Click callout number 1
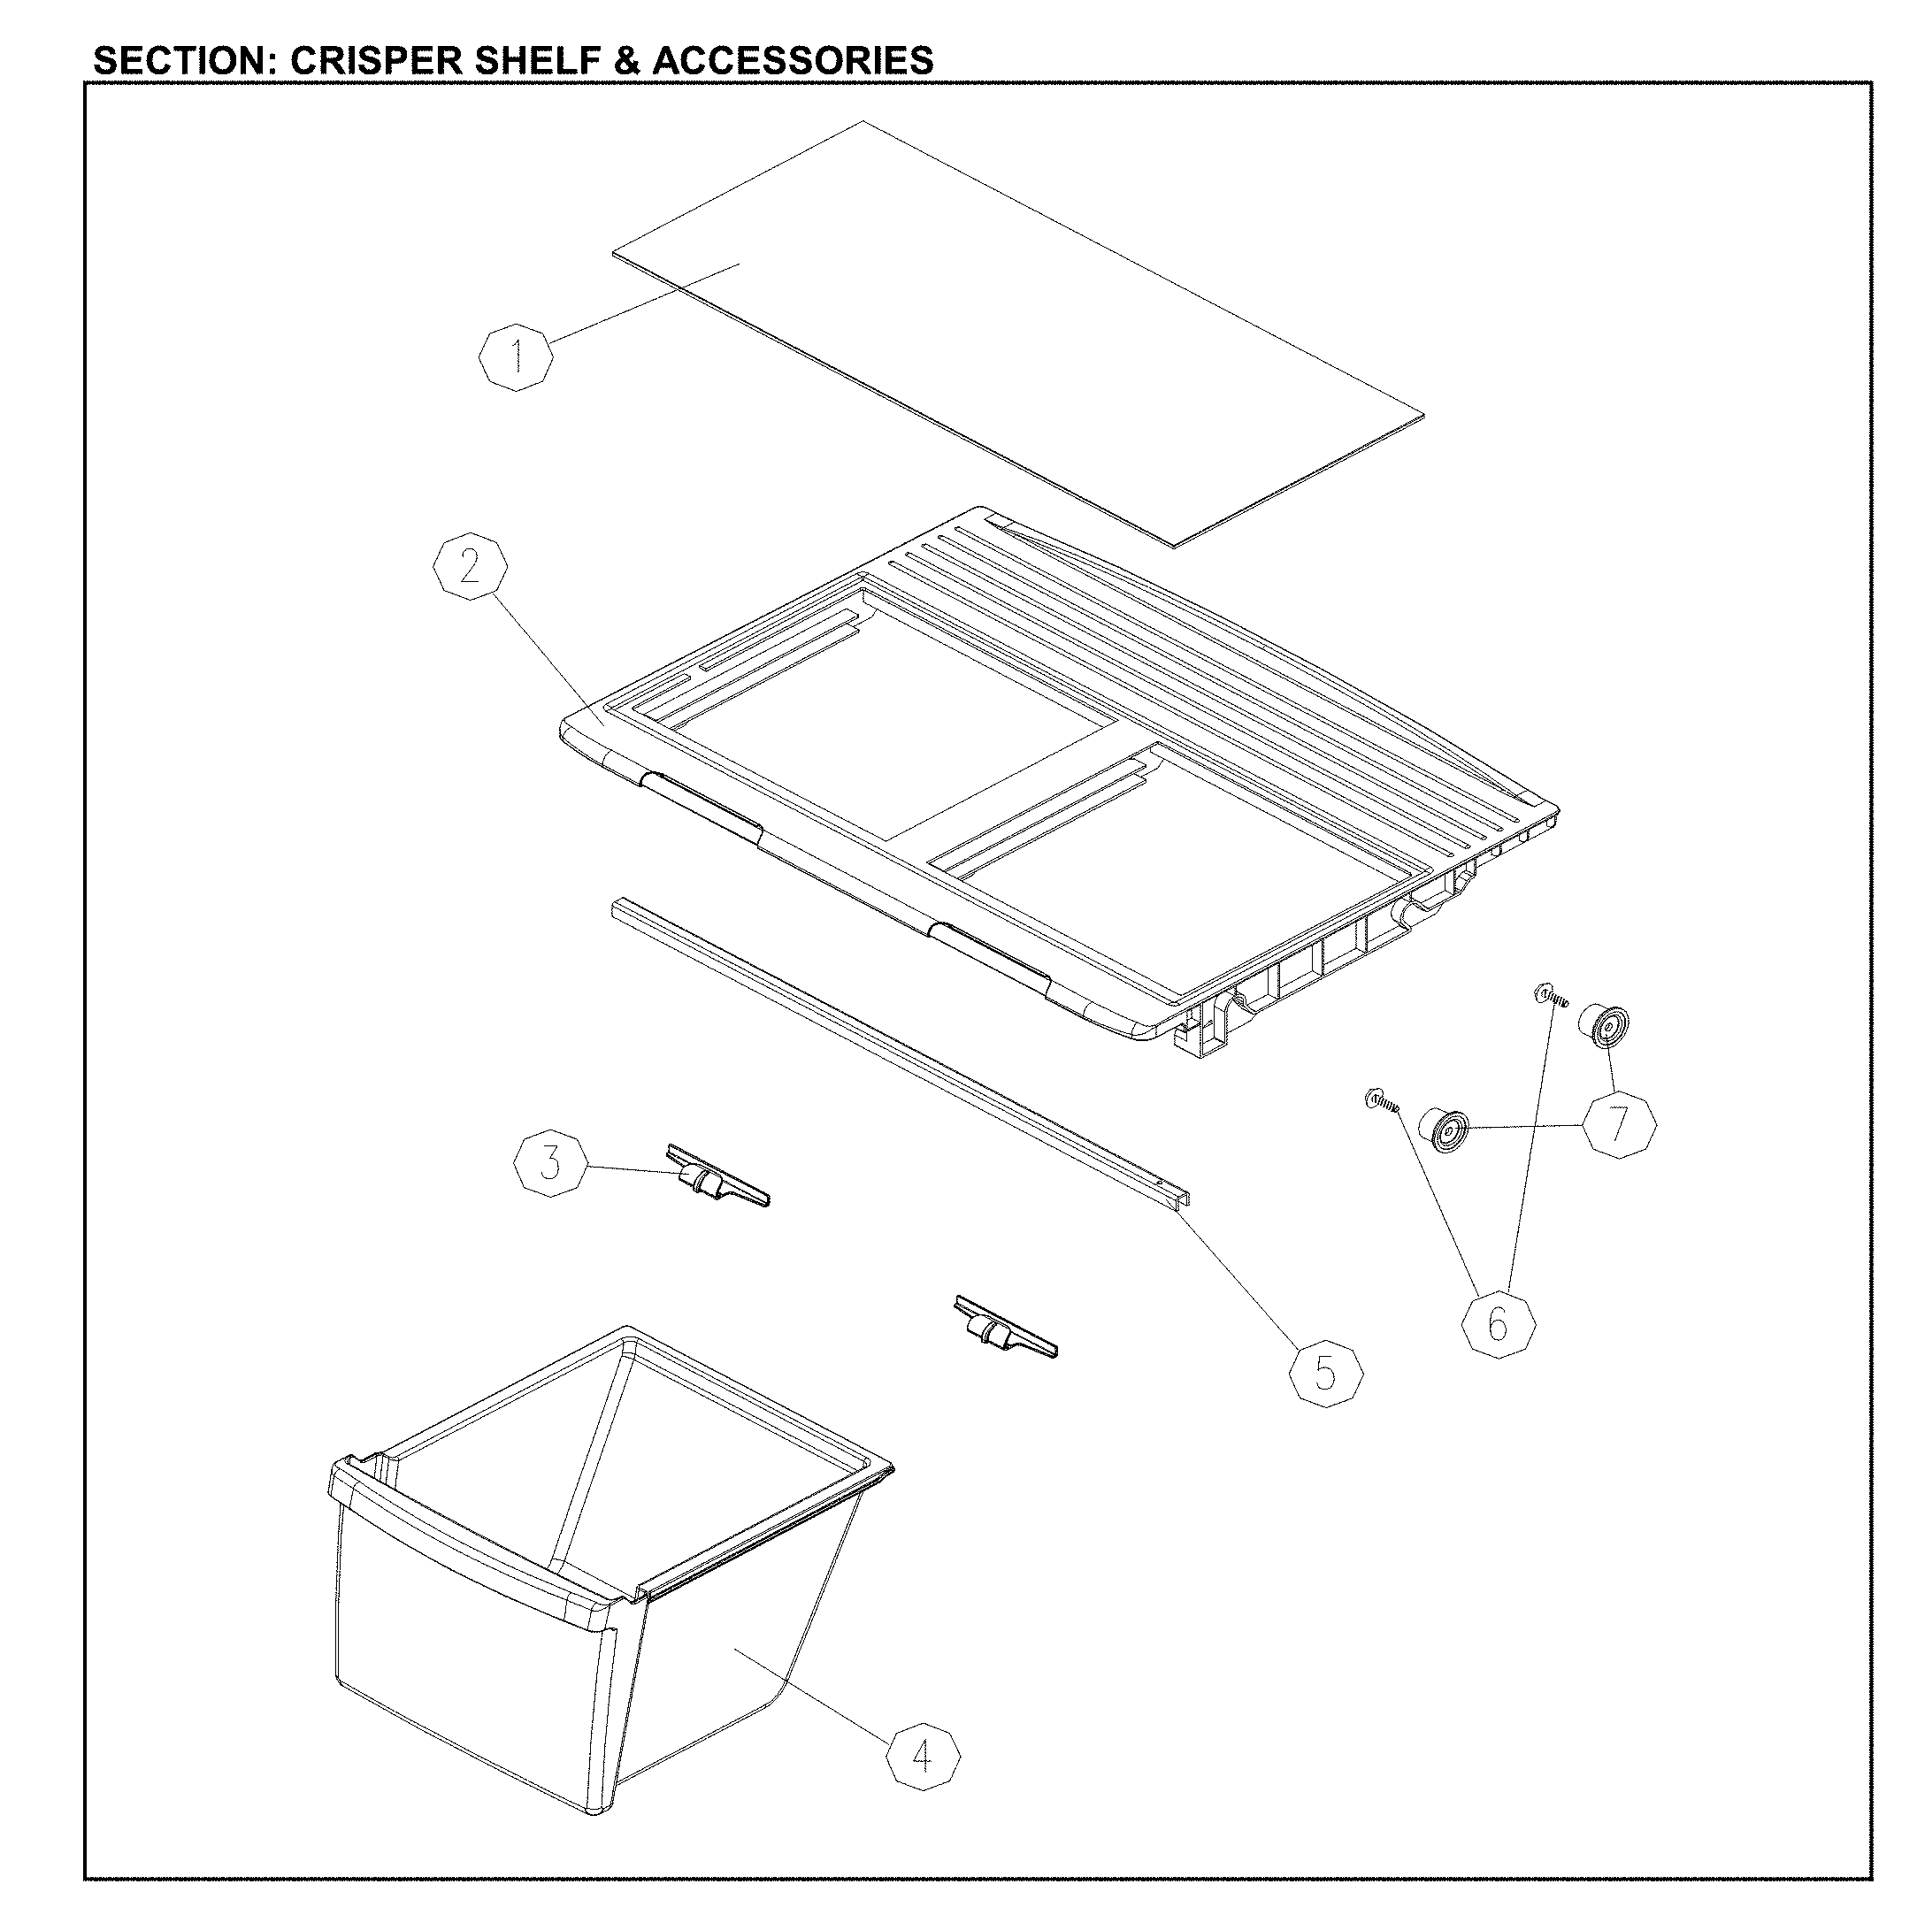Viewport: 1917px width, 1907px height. (516, 353)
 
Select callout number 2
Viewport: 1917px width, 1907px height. (470, 567)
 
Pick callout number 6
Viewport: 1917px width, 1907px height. (1499, 1322)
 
